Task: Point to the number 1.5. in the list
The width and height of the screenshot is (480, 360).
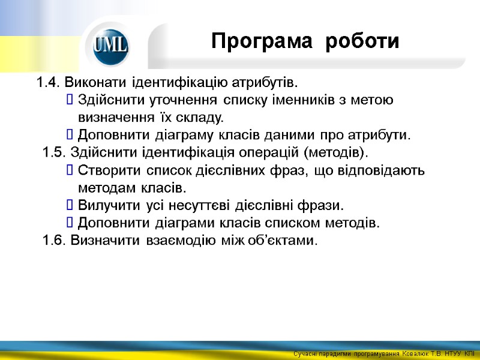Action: click(x=55, y=150)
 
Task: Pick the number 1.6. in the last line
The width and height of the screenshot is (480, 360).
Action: click(x=55, y=241)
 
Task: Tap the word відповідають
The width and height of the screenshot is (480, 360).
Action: click(x=379, y=170)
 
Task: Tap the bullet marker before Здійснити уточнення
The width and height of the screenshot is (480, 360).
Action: click(x=71, y=100)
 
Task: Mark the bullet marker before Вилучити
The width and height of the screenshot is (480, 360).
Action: click(x=71, y=206)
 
